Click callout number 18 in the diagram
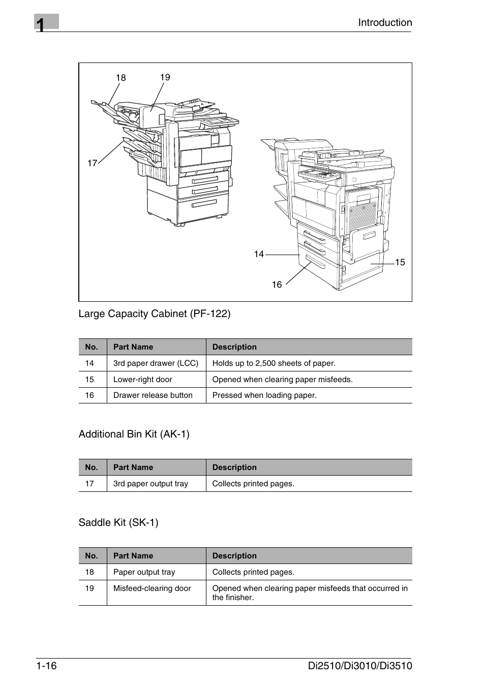(120, 78)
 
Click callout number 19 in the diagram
(165, 77)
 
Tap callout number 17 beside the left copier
(92, 163)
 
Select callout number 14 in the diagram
(259, 254)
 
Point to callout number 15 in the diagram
(400, 262)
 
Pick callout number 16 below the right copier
(277, 285)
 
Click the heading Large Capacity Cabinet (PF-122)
(155, 314)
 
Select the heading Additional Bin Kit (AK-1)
(134, 434)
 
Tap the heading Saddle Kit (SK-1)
(118, 522)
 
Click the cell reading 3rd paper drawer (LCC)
(156, 363)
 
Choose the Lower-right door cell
(143, 380)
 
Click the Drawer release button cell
(153, 395)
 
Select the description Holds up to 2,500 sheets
(274, 363)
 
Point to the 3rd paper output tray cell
(150, 484)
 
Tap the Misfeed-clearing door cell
(152, 588)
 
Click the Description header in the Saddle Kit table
(234, 556)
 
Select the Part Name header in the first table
(133, 347)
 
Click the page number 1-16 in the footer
(46, 666)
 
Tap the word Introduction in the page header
(385, 22)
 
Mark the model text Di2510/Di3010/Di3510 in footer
(360, 666)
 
